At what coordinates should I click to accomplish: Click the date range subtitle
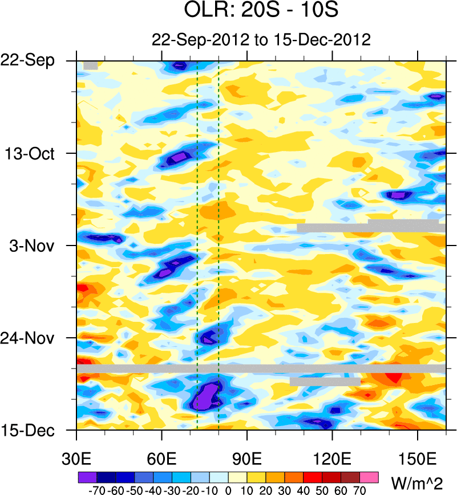tap(261, 40)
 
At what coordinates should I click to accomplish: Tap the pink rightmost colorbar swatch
tap(370, 475)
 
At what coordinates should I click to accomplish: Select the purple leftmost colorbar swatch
tap(86, 475)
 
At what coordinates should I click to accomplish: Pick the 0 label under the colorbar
tap(228, 489)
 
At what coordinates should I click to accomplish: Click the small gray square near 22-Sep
tap(90, 66)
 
